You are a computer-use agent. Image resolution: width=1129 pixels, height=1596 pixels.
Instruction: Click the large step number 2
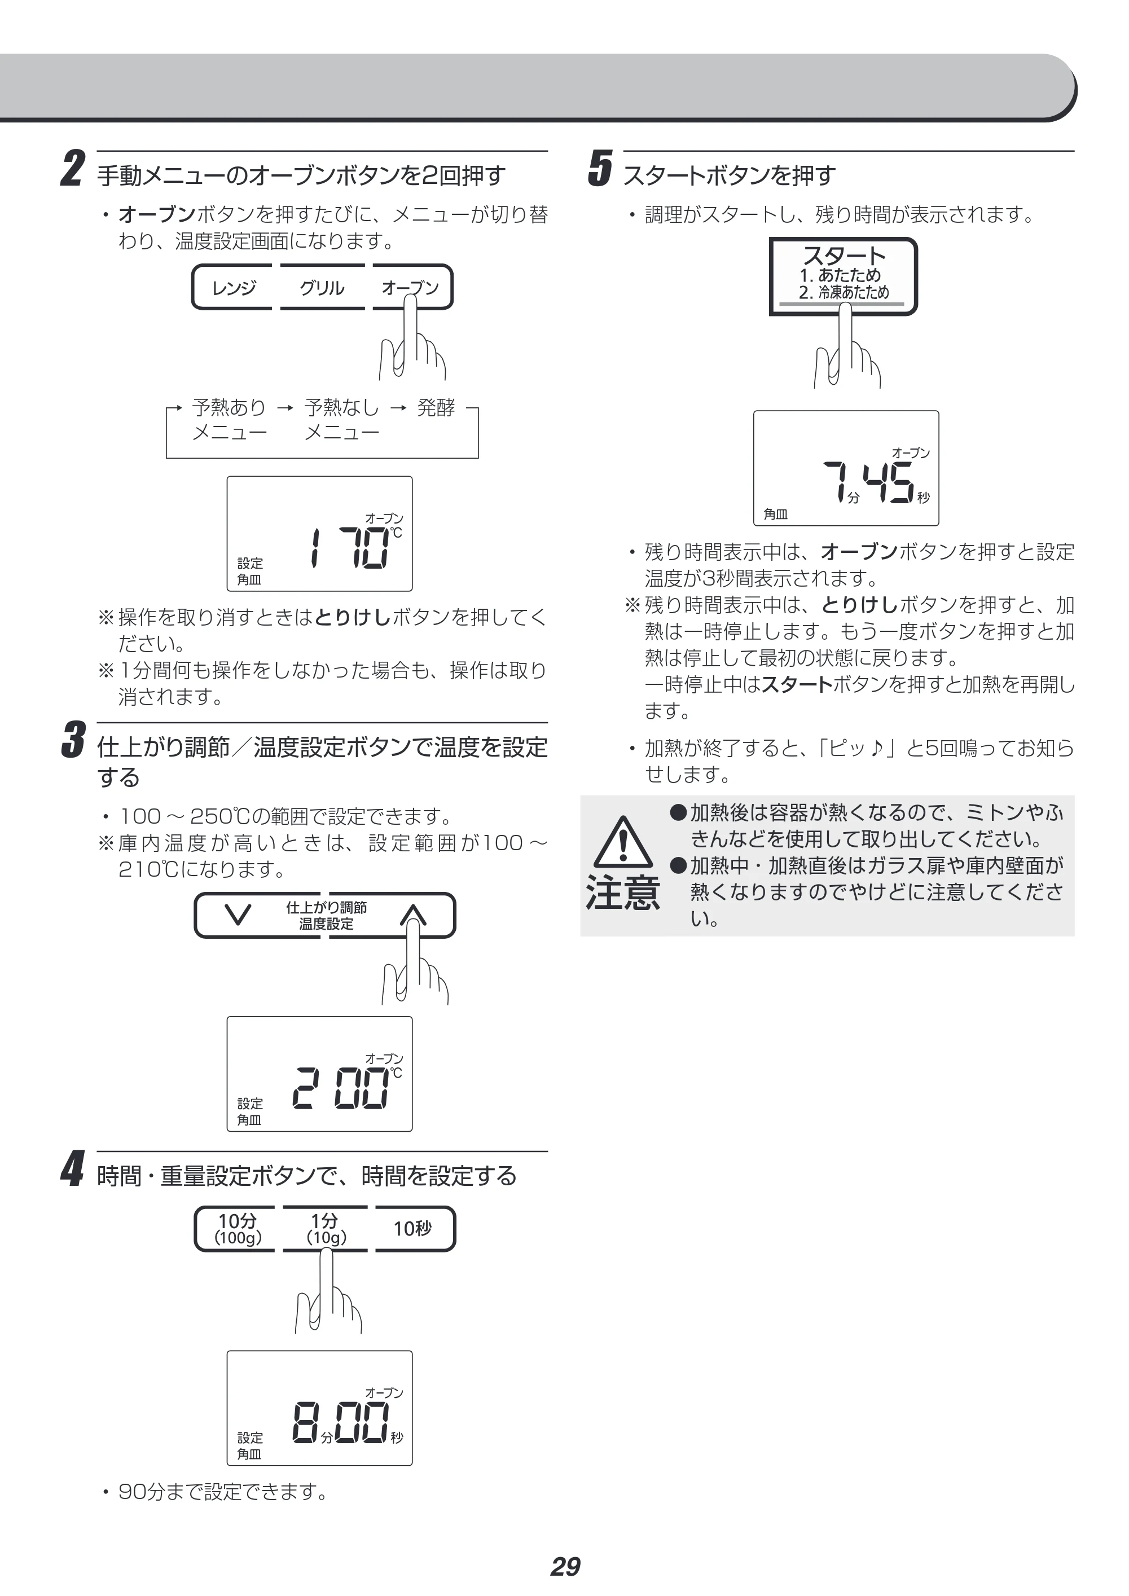[73, 169]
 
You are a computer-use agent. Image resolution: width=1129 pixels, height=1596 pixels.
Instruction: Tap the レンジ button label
[234, 288]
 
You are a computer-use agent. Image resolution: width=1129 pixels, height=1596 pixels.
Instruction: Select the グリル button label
[322, 288]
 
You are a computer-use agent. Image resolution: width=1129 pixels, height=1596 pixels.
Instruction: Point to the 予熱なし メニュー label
[342, 419]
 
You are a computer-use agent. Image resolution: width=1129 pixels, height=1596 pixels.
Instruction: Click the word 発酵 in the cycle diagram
[436, 407]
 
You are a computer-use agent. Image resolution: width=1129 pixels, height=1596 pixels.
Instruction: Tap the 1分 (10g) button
[324, 1228]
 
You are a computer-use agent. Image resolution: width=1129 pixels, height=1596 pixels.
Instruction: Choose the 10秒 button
[412, 1228]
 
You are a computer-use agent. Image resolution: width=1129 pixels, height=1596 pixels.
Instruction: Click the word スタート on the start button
[844, 255]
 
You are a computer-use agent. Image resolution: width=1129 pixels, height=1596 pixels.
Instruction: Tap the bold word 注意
[623, 892]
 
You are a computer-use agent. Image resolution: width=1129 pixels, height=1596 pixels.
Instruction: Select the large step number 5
[600, 169]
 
